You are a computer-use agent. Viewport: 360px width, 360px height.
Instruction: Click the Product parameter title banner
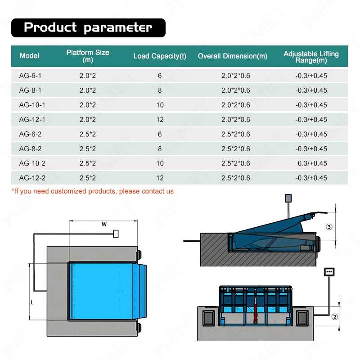point(88,27)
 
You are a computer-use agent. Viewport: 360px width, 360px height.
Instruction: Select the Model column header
point(29,56)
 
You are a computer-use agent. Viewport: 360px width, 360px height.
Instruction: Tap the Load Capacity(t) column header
point(160,56)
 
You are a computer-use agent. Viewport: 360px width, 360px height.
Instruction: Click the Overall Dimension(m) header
point(233,56)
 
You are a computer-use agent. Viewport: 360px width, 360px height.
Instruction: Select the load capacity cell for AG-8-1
point(160,90)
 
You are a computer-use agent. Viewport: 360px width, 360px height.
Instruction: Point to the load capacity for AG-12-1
point(160,120)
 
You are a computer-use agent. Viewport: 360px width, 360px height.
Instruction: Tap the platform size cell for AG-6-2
point(88,134)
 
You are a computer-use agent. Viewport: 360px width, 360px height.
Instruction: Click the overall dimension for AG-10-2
point(236,163)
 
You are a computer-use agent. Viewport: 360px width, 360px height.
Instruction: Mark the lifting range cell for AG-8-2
point(311,148)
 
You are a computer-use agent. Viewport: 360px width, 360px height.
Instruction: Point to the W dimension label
point(104,224)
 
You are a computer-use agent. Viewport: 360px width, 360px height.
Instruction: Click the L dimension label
point(32,303)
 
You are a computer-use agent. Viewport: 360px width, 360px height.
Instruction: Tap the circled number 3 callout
point(329,227)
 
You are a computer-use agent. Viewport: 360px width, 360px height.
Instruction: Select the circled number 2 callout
point(334,316)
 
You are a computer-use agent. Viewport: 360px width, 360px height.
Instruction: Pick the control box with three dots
point(329,272)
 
